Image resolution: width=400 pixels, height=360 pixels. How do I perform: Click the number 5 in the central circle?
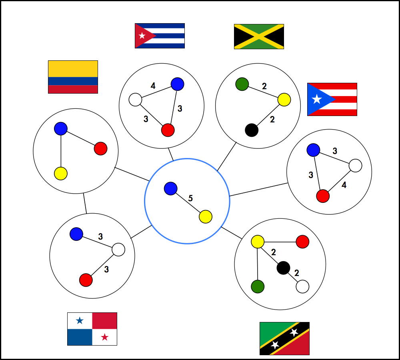[x=190, y=198]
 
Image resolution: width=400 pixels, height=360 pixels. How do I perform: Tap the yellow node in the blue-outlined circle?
[x=206, y=217]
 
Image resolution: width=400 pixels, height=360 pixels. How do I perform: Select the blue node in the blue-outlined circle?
[x=171, y=188]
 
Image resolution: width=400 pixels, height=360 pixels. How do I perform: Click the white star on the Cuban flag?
[x=142, y=36]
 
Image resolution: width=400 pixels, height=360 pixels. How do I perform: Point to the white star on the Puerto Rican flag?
[x=317, y=99]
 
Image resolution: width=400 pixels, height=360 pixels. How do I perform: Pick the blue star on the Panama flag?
[x=80, y=320]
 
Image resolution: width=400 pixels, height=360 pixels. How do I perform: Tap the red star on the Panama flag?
[x=104, y=337]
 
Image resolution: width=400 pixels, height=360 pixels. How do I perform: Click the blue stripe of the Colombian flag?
[x=73, y=81]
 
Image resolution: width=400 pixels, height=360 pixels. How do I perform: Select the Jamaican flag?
[x=259, y=36]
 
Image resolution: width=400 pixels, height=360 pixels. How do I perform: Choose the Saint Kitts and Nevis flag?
[x=284, y=338]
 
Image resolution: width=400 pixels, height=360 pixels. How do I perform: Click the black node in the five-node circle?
[x=284, y=268]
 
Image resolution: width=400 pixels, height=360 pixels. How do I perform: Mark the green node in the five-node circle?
[x=258, y=286]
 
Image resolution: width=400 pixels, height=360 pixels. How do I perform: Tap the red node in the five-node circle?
[x=302, y=242]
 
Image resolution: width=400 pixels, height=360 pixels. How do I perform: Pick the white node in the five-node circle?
[x=302, y=286]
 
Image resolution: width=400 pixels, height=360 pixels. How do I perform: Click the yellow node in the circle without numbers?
[x=61, y=174]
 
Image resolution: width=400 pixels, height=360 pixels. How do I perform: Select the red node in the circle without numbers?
[x=100, y=148]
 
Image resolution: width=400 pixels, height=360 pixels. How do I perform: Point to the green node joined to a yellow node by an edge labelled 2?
[x=242, y=84]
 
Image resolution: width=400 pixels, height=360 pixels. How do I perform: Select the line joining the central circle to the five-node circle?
[x=231, y=233]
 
